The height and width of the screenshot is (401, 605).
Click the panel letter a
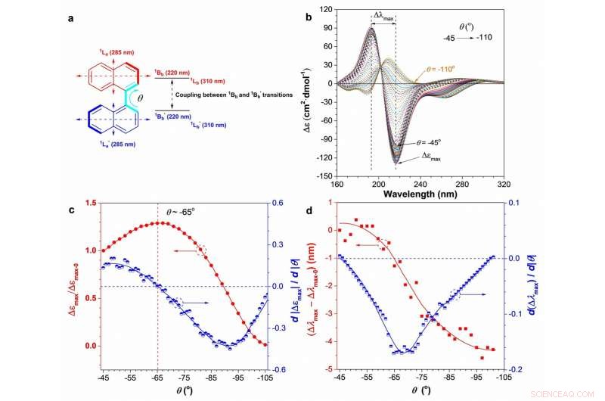70,17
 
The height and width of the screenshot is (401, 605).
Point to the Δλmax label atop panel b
383,15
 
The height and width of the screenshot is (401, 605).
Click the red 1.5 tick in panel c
92,203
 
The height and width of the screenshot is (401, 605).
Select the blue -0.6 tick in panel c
278,369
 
